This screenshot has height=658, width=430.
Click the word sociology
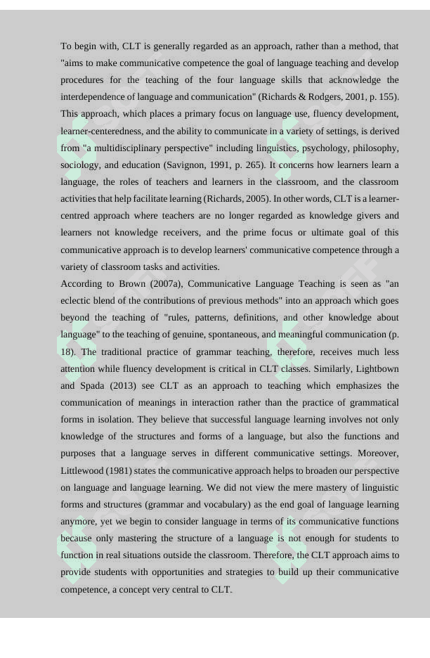click(79, 165)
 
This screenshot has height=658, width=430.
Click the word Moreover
click(379, 453)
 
